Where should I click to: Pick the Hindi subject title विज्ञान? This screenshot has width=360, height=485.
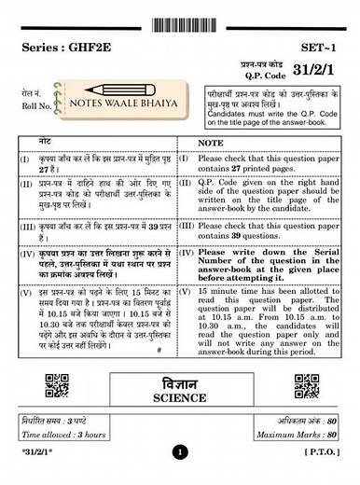click(179, 380)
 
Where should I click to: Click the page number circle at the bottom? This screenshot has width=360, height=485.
click(180, 455)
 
